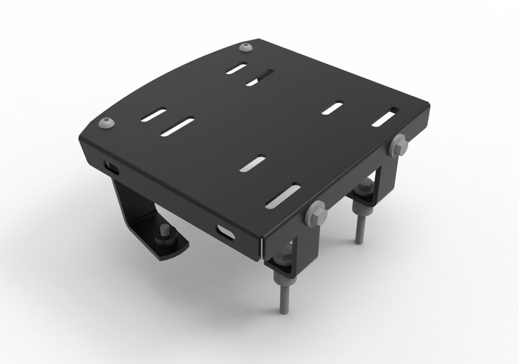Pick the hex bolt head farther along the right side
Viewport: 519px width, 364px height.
pyautogui.click(x=398, y=145)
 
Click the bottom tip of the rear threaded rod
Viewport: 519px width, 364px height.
pyautogui.click(x=358, y=242)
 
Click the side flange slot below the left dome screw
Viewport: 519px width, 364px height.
pyautogui.click(x=110, y=167)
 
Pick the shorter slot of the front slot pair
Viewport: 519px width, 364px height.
pyautogui.click(x=253, y=163)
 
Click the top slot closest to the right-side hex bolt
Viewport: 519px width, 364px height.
pyautogui.click(x=384, y=117)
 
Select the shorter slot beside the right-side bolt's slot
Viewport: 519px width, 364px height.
pyautogui.click(x=334, y=107)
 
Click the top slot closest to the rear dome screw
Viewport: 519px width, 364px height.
pyautogui.click(x=237, y=69)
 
